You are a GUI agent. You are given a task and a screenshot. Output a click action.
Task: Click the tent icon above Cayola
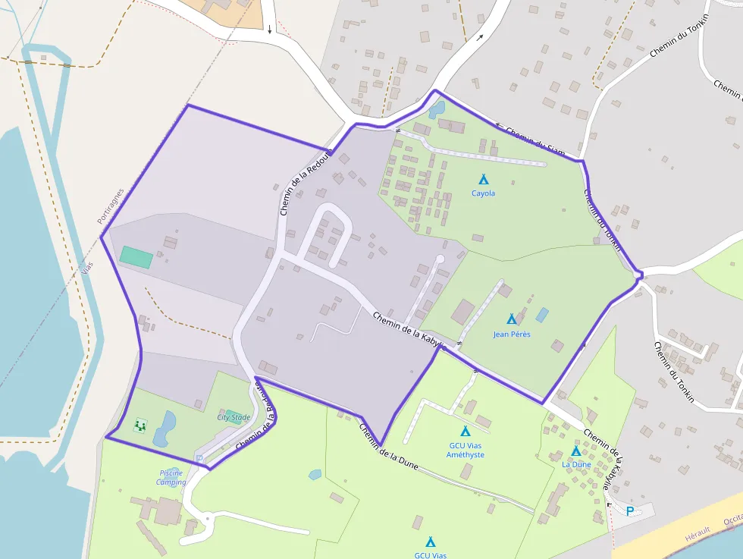[483, 180]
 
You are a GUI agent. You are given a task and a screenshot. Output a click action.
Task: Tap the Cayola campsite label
[483, 193]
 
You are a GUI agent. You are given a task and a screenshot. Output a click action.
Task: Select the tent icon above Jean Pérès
[511, 319]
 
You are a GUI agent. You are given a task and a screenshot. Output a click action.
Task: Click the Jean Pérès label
[512, 334]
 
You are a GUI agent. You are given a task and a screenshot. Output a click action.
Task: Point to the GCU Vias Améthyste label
[466, 450]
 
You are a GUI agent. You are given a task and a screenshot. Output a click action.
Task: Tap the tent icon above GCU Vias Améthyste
[466, 431]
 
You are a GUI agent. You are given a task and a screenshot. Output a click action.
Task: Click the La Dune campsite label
[577, 464]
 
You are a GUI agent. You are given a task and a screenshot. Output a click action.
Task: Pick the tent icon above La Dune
[576, 451]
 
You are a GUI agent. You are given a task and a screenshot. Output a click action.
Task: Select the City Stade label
[234, 417]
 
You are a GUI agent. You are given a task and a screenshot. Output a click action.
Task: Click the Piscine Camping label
[171, 477]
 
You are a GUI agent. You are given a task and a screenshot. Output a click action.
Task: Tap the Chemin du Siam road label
[536, 141]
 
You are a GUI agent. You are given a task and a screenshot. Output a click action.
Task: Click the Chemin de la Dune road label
[388, 445]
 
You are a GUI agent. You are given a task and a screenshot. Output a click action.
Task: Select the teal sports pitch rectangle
[136, 256]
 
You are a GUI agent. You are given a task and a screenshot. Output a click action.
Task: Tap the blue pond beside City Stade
[165, 429]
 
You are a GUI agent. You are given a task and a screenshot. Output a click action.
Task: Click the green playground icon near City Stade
[140, 426]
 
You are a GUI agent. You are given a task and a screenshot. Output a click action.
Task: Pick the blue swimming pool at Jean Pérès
[542, 314]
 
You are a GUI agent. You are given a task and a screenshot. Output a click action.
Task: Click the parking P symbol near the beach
[629, 511]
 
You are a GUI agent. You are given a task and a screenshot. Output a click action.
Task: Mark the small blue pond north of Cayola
[437, 110]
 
